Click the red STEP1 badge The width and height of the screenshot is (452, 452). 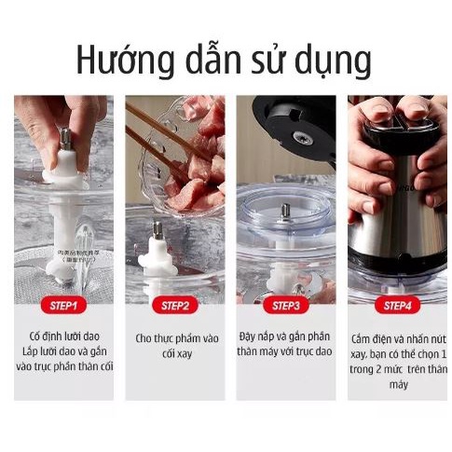tap(62, 304)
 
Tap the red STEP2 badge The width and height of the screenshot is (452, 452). tap(174, 304)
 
